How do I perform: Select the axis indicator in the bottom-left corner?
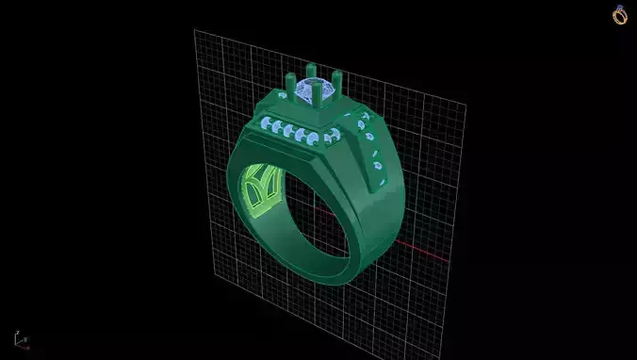[x=20, y=340]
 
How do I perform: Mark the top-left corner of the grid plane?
[x=195, y=30]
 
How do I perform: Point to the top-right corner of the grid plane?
[x=464, y=101]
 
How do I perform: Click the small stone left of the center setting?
[x=283, y=97]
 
